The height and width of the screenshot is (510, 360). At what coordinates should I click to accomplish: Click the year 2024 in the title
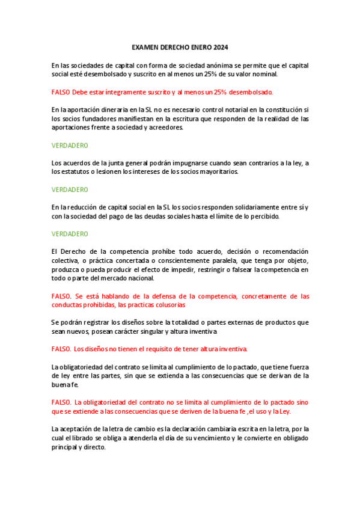coord(220,48)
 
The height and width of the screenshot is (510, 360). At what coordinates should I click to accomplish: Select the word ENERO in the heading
coord(198,48)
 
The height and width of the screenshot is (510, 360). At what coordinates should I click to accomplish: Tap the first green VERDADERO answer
coord(70,146)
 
